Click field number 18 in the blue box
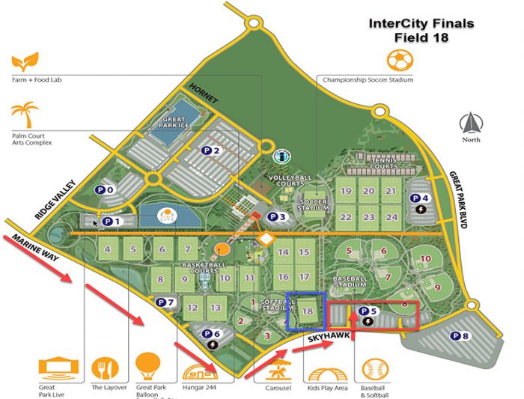(x=306, y=311)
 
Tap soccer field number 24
(x=391, y=217)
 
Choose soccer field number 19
(x=345, y=192)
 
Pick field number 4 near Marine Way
(x=109, y=250)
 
